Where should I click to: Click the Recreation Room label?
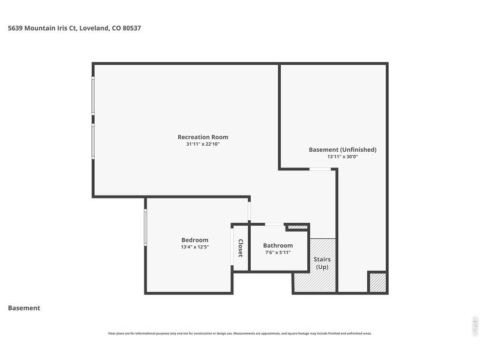pyautogui.click(x=203, y=137)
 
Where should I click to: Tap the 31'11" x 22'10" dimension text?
pyautogui.click(x=203, y=145)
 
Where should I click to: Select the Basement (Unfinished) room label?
pyautogui.click(x=342, y=149)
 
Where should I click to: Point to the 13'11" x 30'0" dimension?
pyautogui.click(x=342, y=157)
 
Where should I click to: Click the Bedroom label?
pyautogui.click(x=195, y=240)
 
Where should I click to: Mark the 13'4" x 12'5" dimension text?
pyautogui.click(x=195, y=247)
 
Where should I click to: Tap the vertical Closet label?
pyautogui.click(x=241, y=248)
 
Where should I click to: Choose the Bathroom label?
pyautogui.click(x=278, y=245)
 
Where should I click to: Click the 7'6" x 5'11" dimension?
pyautogui.click(x=278, y=253)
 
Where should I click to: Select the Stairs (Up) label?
pyautogui.click(x=323, y=263)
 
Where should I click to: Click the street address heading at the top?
pyautogui.click(x=74, y=28)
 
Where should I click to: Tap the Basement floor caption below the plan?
pyautogui.click(x=24, y=308)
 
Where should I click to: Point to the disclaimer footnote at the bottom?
pyautogui.click(x=239, y=334)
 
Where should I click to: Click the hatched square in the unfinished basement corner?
pyautogui.click(x=377, y=283)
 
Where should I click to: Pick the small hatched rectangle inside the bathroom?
pyautogui.click(x=296, y=227)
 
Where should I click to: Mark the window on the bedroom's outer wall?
pyautogui.click(x=146, y=226)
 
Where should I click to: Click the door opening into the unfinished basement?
pyautogui.click(x=320, y=169)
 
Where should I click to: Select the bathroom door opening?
pyautogui.click(x=275, y=224)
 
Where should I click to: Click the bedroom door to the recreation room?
pyautogui.click(x=250, y=211)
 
